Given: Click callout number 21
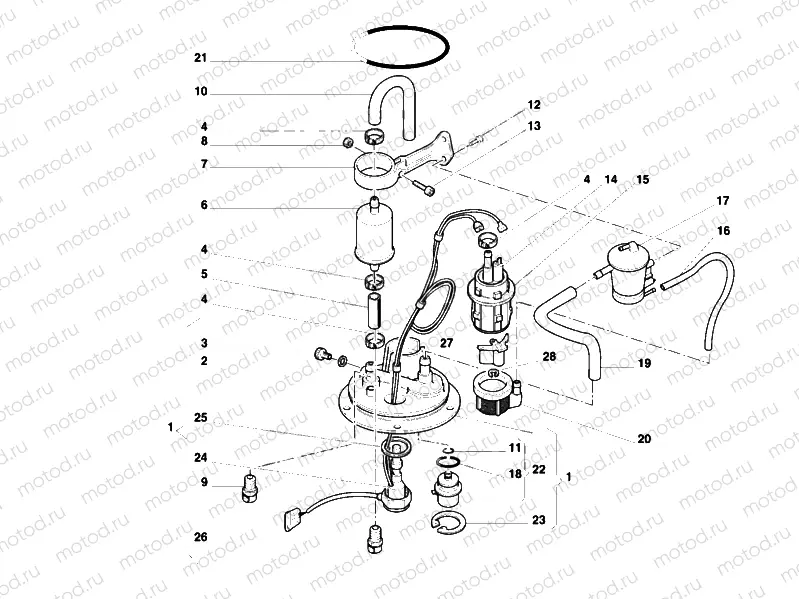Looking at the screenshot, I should (201, 60).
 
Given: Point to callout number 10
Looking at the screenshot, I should (201, 92).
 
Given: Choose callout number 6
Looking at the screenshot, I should (203, 206).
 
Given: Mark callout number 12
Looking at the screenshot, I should (533, 105).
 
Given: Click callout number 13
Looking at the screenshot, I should (533, 126).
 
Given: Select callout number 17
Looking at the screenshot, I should (722, 201).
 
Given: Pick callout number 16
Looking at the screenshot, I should (722, 231).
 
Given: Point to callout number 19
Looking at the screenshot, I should (644, 364).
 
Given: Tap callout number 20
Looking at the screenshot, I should (644, 438).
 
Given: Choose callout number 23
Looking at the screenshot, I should (538, 520).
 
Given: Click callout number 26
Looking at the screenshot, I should (201, 537).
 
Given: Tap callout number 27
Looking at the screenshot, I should (446, 342).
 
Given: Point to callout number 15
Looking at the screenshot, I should (642, 180).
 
